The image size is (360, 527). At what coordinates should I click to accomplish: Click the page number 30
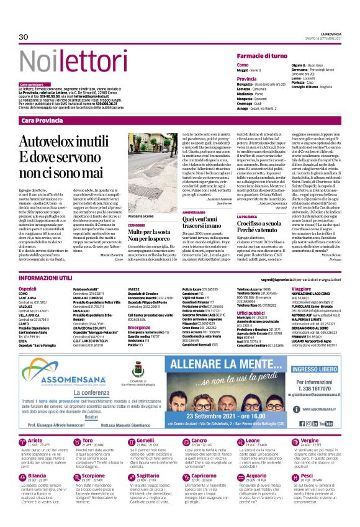(24, 37)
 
